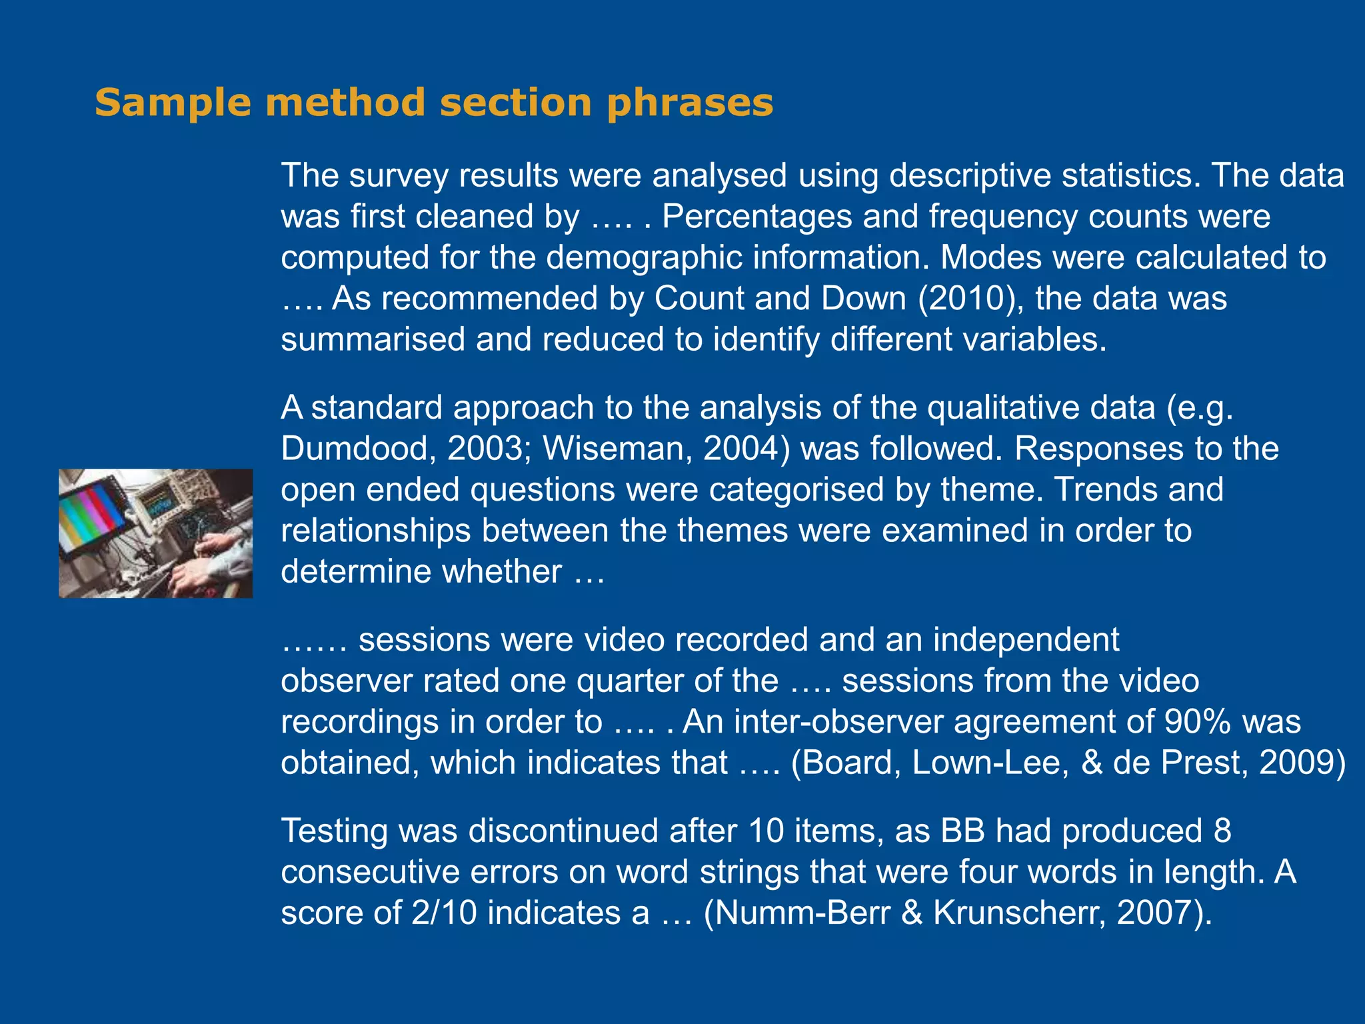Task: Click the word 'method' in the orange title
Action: pos(345,103)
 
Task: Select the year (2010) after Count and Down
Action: pos(971,299)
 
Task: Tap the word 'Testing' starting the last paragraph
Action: pos(334,832)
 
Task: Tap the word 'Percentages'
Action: pos(757,217)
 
